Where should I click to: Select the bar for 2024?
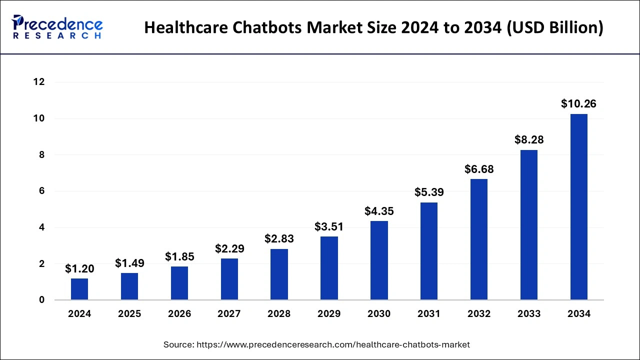point(79,289)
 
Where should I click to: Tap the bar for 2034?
point(579,207)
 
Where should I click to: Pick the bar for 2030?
point(379,260)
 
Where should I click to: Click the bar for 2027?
point(229,279)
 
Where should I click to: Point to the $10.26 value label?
point(578,104)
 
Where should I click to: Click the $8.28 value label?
point(529,140)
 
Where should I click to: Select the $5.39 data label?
point(429,192)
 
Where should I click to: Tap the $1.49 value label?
point(129,263)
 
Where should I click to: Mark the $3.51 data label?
point(329,226)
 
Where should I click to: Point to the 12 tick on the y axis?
point(39,82)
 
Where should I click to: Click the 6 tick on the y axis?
point(42,191)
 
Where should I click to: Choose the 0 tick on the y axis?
point(42,300)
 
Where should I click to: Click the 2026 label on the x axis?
point(179,314)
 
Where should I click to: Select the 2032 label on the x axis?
point(479,314)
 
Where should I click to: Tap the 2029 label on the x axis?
point(329,314)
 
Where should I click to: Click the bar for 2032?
point(479,239)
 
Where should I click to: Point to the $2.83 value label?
point(279,239)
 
